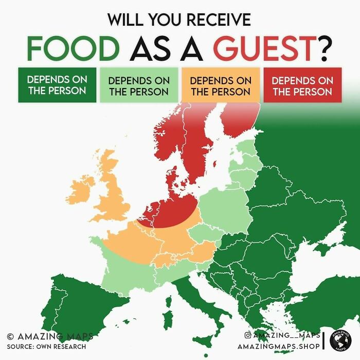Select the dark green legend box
pyautogui.click(x=57, y=85)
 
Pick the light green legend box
pyautogui.click(x=138, y=86)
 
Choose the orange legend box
pyautogui.click(x=221, y=86)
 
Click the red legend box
pyautogui.click(x=302, y=86)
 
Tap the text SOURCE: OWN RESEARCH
pyautogui.click(x=46, y=346)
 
